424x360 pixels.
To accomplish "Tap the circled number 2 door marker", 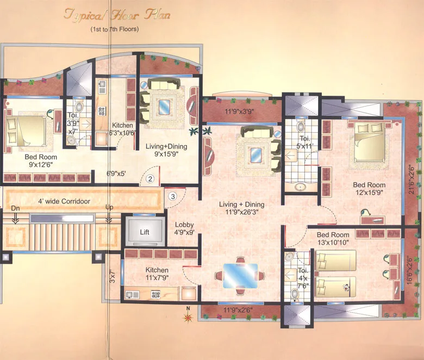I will click(x=150, y=178).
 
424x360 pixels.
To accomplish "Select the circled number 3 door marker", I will click(x=172, y=196).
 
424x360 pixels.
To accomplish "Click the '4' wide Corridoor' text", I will click(x=64, y=201).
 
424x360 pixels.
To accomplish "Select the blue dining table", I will click(x=241, y=275).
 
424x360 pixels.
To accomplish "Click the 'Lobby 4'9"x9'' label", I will click(x=185, y=229).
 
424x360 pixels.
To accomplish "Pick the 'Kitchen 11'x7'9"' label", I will click(x=157, y=274).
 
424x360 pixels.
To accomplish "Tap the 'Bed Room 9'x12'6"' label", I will click(x=41, y=161).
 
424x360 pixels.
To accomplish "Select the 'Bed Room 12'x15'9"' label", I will click(x=369, y=188).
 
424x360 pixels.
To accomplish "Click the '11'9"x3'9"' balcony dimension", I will click(x=241, y=113).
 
